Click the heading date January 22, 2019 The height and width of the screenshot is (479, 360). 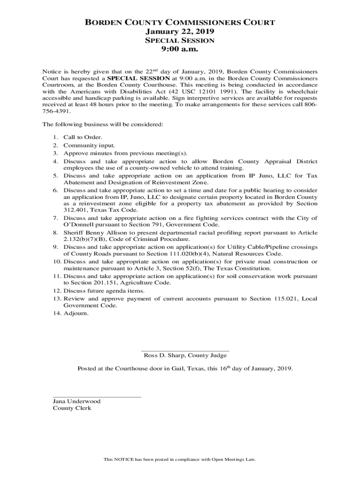pos(180,31)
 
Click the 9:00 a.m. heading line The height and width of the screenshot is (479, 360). pos(180,49)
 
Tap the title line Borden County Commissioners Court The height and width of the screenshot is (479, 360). pos(180,22)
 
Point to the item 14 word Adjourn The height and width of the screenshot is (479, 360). pos(75,313)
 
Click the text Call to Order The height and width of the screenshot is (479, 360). pos(79,138)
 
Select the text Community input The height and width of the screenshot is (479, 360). pos(83,145)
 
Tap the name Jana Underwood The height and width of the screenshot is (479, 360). pos(76,401)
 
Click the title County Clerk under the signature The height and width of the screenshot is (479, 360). pos(72,408)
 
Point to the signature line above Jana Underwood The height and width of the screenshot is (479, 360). pos(97,397)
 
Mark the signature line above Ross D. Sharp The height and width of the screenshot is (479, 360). pos(185,351)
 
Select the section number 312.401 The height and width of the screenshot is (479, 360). pos(76,210)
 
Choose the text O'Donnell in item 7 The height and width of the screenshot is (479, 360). pos(79,225)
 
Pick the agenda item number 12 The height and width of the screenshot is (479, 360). pos(57,291)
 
